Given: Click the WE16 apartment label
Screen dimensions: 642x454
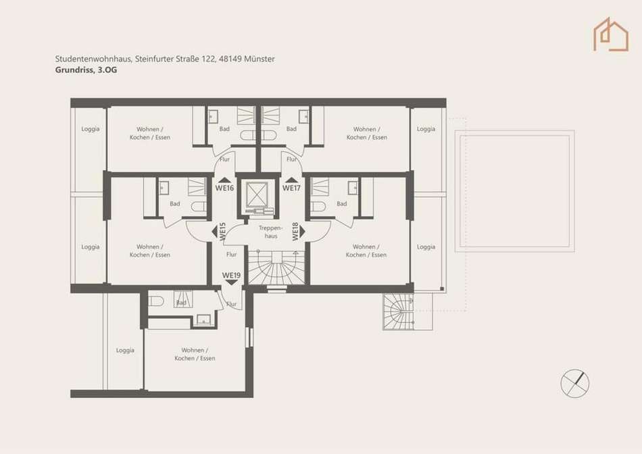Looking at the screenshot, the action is pos(224,188).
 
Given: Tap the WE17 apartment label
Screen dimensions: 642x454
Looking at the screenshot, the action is pos(291,188).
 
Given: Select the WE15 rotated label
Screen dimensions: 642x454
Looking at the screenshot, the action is pos(223,231).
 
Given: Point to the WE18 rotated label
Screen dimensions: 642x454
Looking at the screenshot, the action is pos(295,231).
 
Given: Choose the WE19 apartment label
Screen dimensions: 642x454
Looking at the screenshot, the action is pos(231,276).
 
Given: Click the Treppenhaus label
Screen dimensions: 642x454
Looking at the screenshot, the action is pos(270,232).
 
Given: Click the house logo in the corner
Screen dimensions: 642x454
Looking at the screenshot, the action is pos(611,34).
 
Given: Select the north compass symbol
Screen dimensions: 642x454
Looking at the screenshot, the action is pos(575,384).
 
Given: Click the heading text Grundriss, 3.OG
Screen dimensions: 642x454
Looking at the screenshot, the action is pos(86,70).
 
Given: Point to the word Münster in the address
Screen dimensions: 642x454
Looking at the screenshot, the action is pos(260,59).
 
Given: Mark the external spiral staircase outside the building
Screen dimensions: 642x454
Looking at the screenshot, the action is pos(399,311).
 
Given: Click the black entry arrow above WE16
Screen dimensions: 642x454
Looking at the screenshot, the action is pos(224,179).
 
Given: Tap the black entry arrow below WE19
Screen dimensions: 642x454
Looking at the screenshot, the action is pos(232,282).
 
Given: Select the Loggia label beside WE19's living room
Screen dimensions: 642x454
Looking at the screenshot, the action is pos(125,351).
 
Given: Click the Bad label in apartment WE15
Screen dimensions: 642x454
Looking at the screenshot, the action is pos(175,204).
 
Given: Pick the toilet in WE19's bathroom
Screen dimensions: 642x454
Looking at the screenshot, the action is pos(156,301).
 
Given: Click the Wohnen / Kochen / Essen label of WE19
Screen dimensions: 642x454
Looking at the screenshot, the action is pos(195,354).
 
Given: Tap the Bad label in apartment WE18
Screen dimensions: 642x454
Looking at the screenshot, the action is pos(342,204).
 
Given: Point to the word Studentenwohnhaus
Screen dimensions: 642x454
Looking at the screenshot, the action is pos(93,59).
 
